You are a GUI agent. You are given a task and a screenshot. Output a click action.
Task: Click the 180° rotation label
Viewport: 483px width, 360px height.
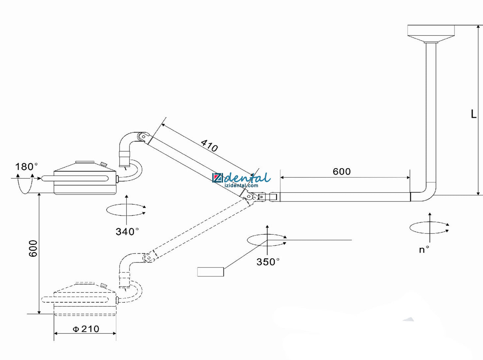tap(26, 167)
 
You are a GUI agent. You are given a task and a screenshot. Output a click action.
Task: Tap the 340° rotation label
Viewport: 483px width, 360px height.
tap(127, 232)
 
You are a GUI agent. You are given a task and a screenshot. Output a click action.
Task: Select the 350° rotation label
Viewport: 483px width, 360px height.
tap(268, 262)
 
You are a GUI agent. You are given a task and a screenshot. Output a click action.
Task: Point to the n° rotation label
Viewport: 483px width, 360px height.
tap(424, 249)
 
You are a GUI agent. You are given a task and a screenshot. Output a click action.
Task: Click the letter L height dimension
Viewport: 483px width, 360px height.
tap(473, 114)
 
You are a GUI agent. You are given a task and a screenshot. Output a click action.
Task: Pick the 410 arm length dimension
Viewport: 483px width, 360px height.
tap(209, 146)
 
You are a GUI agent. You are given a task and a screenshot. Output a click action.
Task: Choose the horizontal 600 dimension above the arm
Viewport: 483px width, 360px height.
tap(341, 172)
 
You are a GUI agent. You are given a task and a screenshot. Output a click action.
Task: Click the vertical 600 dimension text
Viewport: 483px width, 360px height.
tap(33, 248)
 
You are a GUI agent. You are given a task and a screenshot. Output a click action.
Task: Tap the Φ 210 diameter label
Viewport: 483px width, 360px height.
tap(86, 329)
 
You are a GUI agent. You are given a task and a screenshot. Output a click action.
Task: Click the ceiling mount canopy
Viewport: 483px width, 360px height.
tap(431, 34)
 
